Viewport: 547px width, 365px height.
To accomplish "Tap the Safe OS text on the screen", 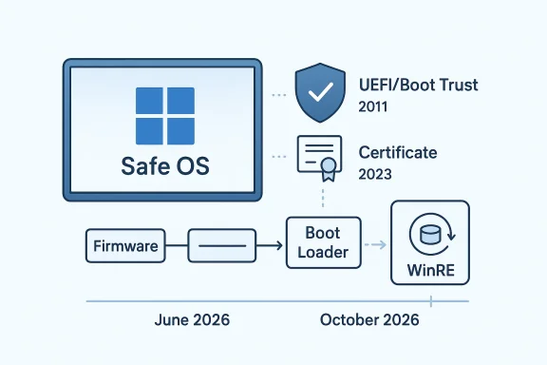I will pos(165,166).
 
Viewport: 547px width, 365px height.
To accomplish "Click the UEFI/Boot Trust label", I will pos(418,85).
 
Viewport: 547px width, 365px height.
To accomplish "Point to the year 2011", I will pos(374,107).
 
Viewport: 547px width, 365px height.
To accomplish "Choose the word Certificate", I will pos(398,152).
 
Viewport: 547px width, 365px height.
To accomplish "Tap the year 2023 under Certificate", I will pos(374,174).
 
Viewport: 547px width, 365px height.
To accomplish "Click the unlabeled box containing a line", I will pos(222,245).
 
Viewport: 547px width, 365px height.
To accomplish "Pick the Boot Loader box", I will pos(322,243).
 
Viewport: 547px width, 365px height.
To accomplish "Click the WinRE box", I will pos(430,243).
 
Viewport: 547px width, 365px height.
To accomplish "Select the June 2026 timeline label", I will pos(192,320).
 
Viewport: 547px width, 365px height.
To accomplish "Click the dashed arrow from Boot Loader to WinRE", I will pos(374,245).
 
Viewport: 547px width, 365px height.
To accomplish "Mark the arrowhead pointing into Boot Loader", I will pos(281,245).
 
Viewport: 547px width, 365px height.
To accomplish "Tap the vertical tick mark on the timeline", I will pos(430,301).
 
